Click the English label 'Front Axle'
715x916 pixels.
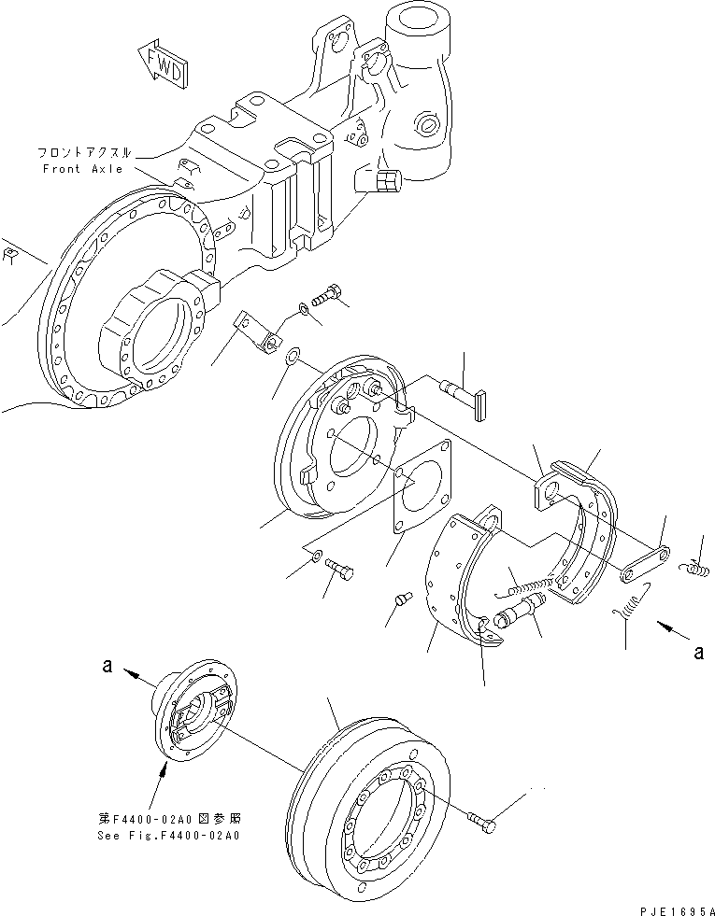click(x=82, y=169)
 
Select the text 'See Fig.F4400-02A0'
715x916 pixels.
click(x=169, y=836)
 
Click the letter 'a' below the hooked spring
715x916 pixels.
click(x=697, y=653)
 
